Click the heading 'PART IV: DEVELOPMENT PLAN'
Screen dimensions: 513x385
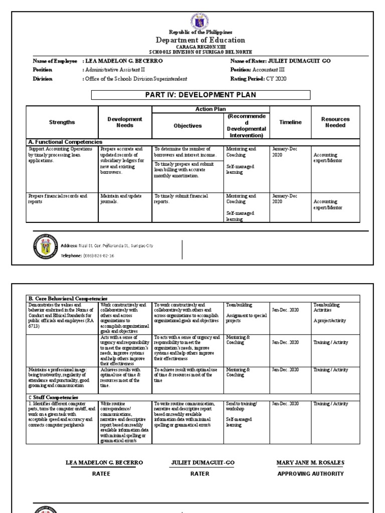[x=201, y=95]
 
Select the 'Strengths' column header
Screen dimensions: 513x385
[x=62, y=122]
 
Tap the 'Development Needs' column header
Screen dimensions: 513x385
[x=125, y=122]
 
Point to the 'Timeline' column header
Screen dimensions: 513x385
[x=290, y=122]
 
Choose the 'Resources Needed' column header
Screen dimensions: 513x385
[x=335, y=122]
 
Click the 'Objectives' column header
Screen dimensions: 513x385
[x=187, y=126]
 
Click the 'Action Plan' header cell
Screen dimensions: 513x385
[x=211, y=109]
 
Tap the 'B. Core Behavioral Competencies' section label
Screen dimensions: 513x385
[x=68, y=299]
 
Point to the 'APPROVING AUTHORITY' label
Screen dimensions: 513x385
[x=310, y=473]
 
